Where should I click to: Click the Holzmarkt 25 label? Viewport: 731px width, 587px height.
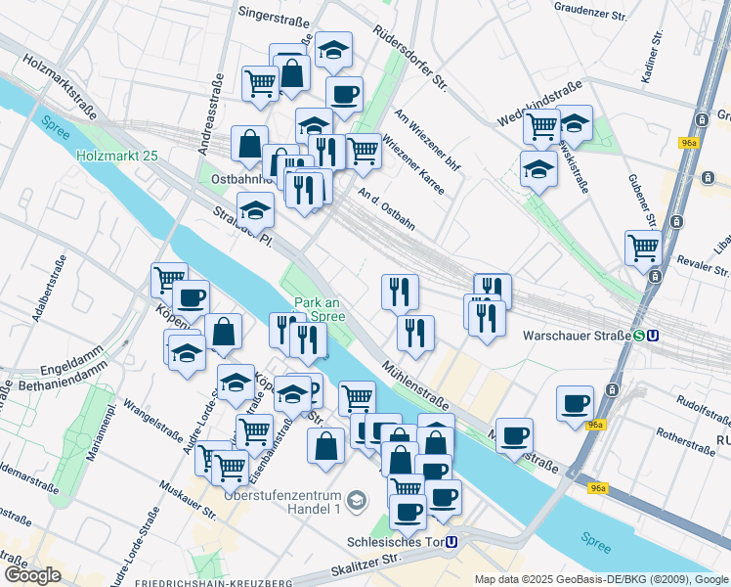point(116,156)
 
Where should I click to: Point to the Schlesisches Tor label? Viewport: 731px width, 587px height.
point(395,541)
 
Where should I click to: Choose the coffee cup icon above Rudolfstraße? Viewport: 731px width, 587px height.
point(575,403)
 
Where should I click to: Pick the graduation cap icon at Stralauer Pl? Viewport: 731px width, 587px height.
point(255,210)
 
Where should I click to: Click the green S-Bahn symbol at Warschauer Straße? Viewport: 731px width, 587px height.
point(638,335)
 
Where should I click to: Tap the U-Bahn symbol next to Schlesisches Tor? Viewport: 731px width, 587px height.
point(451,541)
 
